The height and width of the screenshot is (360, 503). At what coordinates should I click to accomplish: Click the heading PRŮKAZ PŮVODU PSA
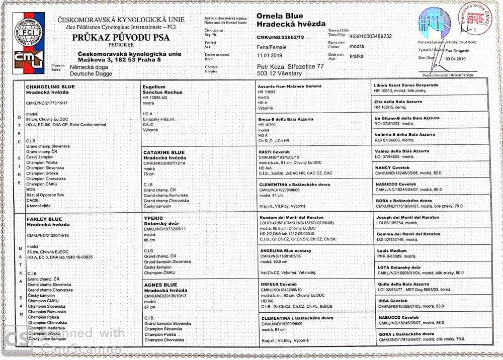(x=121, y=38)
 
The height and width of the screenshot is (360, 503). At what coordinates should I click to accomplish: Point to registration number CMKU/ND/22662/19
(x=280, y=37)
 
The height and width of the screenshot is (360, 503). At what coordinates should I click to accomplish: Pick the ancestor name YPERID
(x=152, y=219)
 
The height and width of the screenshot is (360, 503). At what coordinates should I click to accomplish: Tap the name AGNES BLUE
(x=160, y=285)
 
